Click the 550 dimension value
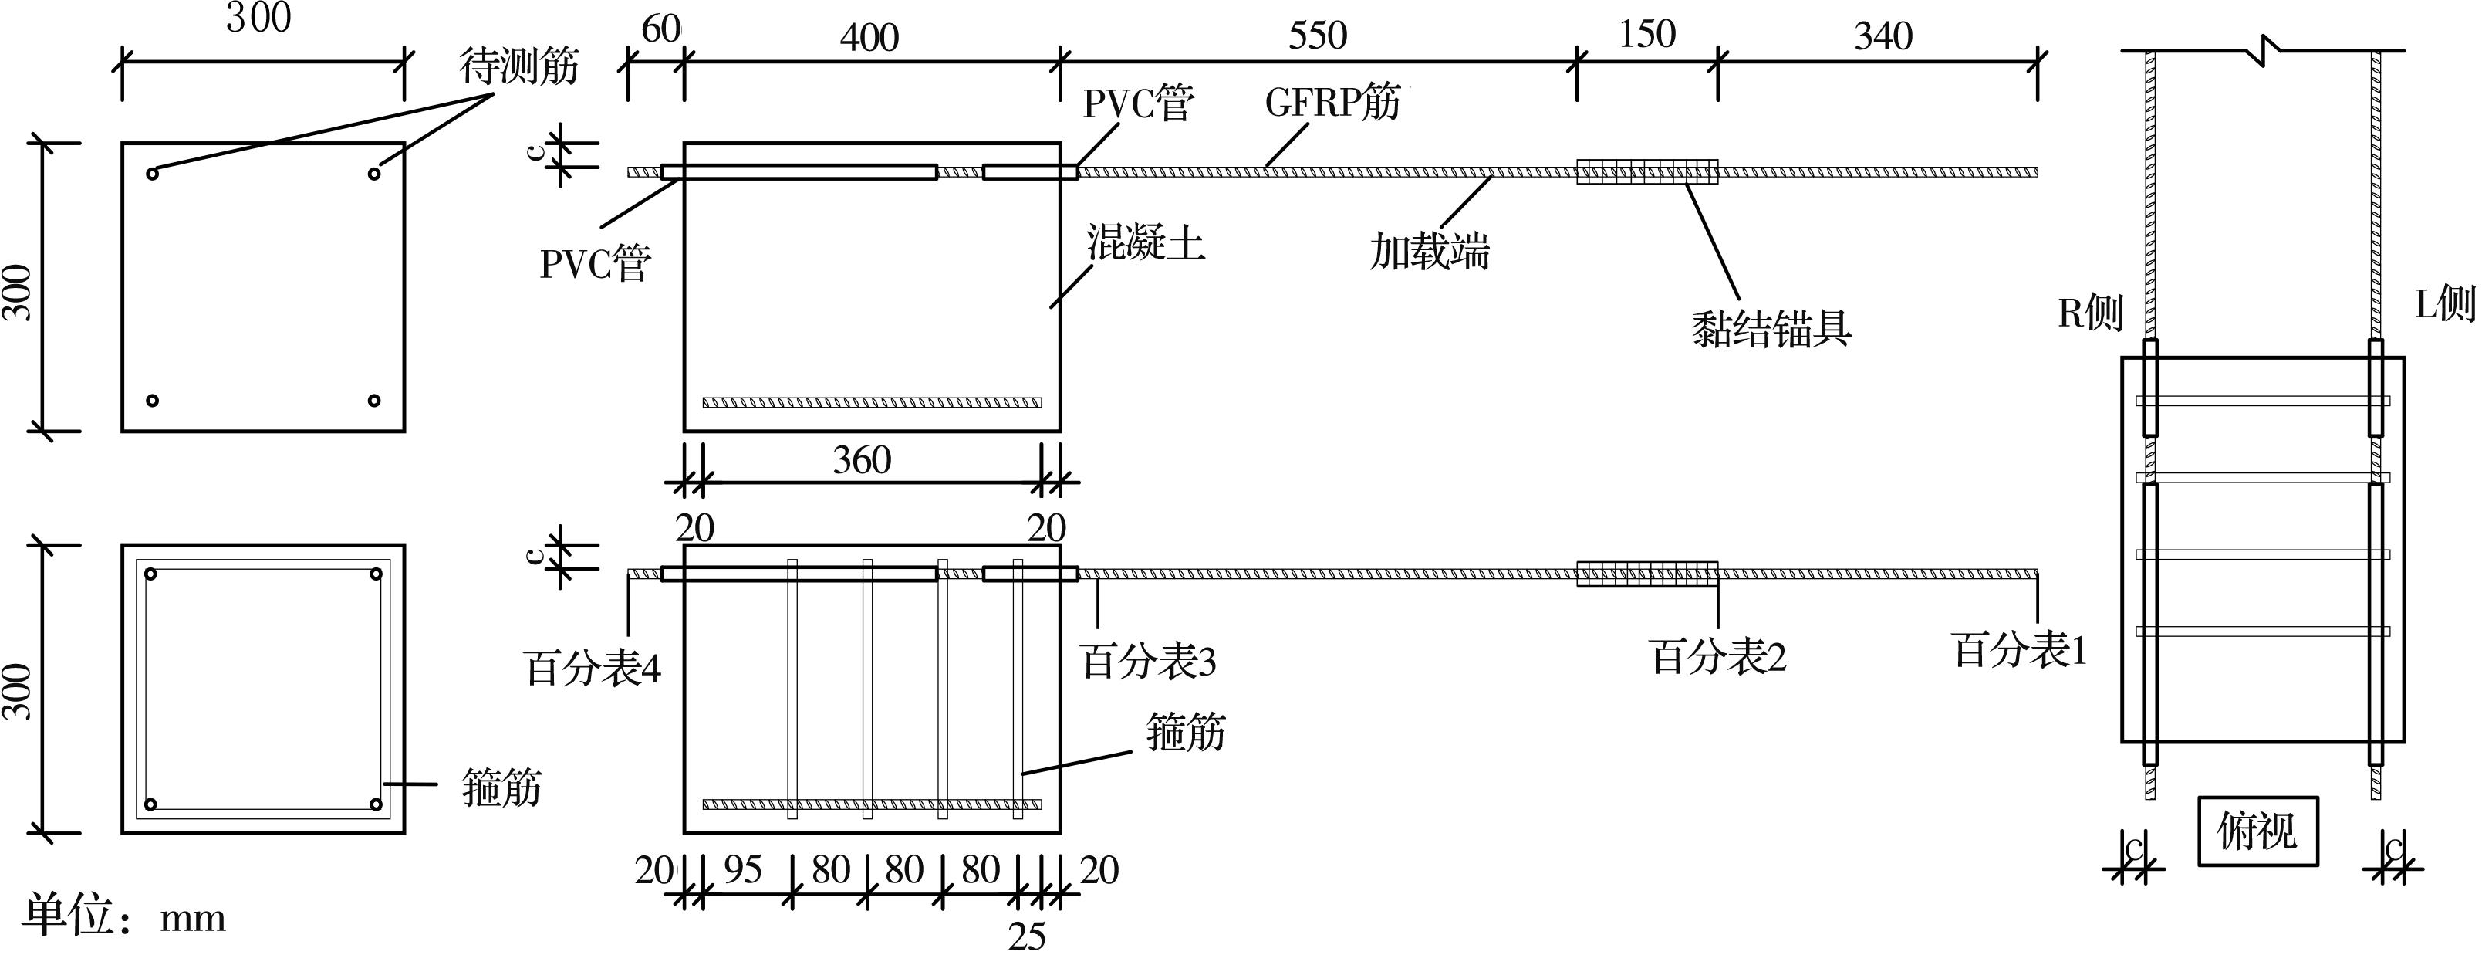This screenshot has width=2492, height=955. click(x=1317, y=36)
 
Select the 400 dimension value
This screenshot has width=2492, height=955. click(x=869, y=38)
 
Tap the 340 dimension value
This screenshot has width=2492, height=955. click(x=1883, y=37)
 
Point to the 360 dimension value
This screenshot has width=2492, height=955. click(x=861, y=459)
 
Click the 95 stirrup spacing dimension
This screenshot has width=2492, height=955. click(x=742, y=870)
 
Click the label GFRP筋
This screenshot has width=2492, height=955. click(x=1332, y=102)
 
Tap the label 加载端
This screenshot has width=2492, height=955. click(x=1429, y=252)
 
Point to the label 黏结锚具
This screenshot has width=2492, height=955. click(x=1771, y=328)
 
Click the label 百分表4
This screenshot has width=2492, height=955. click(x=592, y=668)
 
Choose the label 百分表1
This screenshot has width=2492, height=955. click(x=2020, y=649)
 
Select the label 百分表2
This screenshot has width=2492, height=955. click(x=1717, y=657)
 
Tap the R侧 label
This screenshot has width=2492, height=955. click(x=2089, y=313)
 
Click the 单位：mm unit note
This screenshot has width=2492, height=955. click(x=123, y=916)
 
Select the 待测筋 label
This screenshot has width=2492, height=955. click(x=518, y=66)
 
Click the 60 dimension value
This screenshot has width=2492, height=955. click(x=660, y=30)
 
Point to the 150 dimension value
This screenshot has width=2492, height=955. click(x=1646, y=35)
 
